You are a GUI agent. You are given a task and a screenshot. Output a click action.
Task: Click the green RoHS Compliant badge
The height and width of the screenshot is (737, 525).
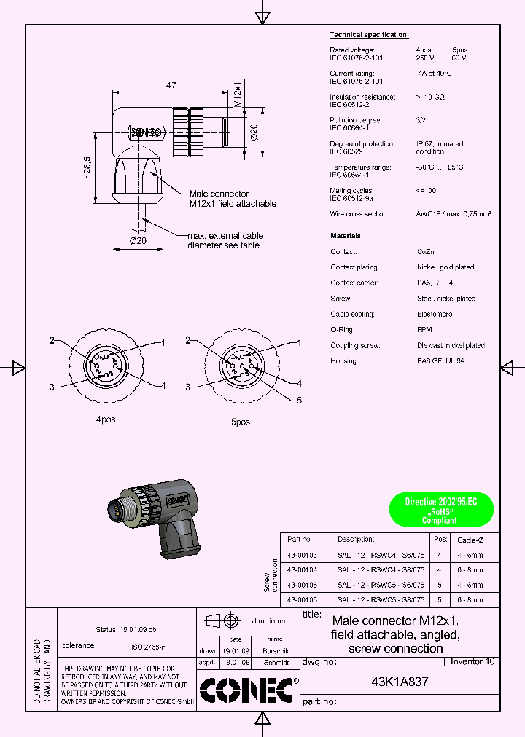pyautogui.click(x=441, y=510)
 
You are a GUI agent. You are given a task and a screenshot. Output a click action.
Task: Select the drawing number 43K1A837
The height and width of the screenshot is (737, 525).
pyautogui.click(x=400, y=682)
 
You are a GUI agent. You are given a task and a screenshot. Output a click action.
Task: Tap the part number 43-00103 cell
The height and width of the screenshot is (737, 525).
pyautogui.click(x=301, y=555)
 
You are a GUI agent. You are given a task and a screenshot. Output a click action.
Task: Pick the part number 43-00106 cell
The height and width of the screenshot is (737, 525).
pyautogui.click(x=301, y=600)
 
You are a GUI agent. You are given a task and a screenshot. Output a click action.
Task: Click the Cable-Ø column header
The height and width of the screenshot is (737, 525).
pyautogui.click(x=470, y=540)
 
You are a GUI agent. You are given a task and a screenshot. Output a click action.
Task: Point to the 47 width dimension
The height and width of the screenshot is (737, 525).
pyautogui.click(x=171, y=86)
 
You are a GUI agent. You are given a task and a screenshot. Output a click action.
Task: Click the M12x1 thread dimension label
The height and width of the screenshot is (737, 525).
pyautogui.click(x=238, y=95)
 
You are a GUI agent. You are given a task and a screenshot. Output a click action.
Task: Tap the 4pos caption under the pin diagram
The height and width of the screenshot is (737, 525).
pyautogui.click(x=106, y=419)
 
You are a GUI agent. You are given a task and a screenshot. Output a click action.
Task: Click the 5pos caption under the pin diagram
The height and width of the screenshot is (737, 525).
pyautogui.click(x=240, y=422)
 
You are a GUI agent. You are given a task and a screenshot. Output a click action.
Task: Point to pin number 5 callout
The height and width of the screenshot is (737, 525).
pyautogui.click(x=298, y=401)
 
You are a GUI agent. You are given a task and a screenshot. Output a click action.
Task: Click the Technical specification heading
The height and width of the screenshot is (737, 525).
pyautogui.click(x=369, y=35)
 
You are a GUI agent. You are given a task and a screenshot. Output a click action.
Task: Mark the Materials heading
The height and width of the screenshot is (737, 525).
pyautogui.click(x=346, y=236)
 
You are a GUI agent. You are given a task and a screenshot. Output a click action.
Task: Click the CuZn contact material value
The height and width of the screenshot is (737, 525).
pyautogui.click(x=426, y=251)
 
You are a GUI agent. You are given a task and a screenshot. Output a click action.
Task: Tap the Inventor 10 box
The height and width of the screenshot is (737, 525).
pyautogui.click(x=472, y=661)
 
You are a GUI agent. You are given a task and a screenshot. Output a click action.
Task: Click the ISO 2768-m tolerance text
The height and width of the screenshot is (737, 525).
pyautogui.click(x=149, y=647)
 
